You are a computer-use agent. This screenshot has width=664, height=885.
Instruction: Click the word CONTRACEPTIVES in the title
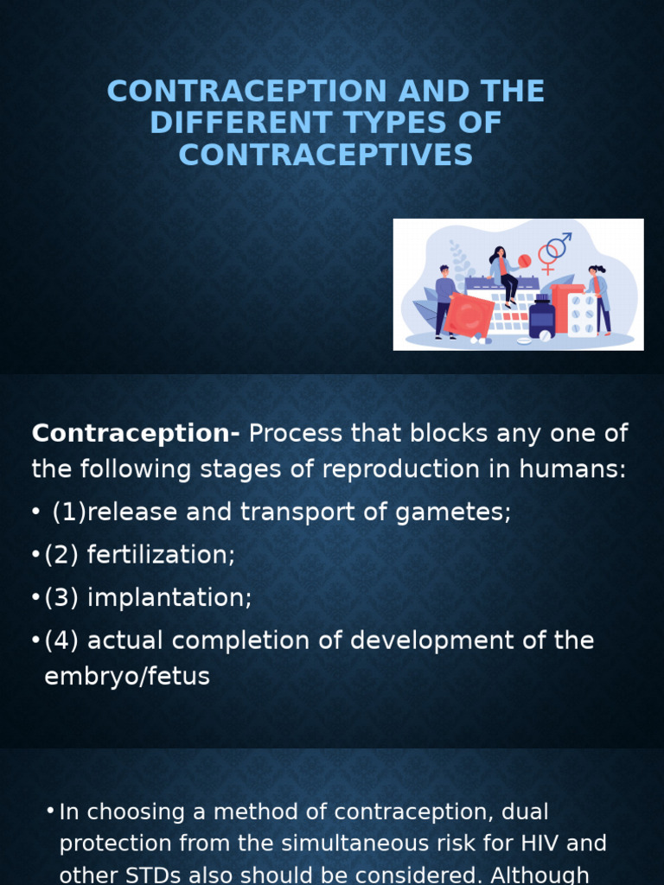point(326,155)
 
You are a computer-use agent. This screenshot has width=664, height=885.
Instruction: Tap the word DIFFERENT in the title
point(247,123)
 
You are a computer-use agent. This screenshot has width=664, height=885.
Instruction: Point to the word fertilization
point(161,555)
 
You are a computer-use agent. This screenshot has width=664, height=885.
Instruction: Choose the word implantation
point(169,598)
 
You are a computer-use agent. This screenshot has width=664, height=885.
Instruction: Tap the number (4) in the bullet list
point(62,641)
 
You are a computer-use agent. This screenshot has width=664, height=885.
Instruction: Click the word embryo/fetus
point(127,677)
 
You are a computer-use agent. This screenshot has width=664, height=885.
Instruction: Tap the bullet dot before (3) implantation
point(36,598)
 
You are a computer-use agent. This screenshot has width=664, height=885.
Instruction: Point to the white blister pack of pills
point(582,316)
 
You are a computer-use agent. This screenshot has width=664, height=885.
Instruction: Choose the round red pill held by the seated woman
point(524,260)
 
